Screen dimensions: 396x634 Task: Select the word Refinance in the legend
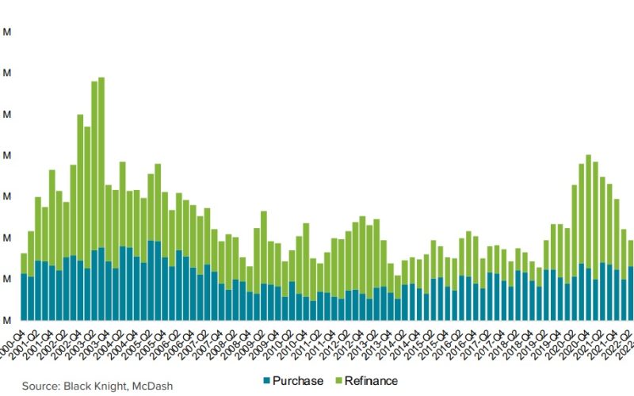pos(372,381)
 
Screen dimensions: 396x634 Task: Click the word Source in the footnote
pos(42,386)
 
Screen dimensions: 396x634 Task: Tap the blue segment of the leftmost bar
pos(24,297)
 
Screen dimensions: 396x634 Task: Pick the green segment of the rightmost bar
pos(631,253)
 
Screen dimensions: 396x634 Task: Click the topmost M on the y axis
pos(6,32)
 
